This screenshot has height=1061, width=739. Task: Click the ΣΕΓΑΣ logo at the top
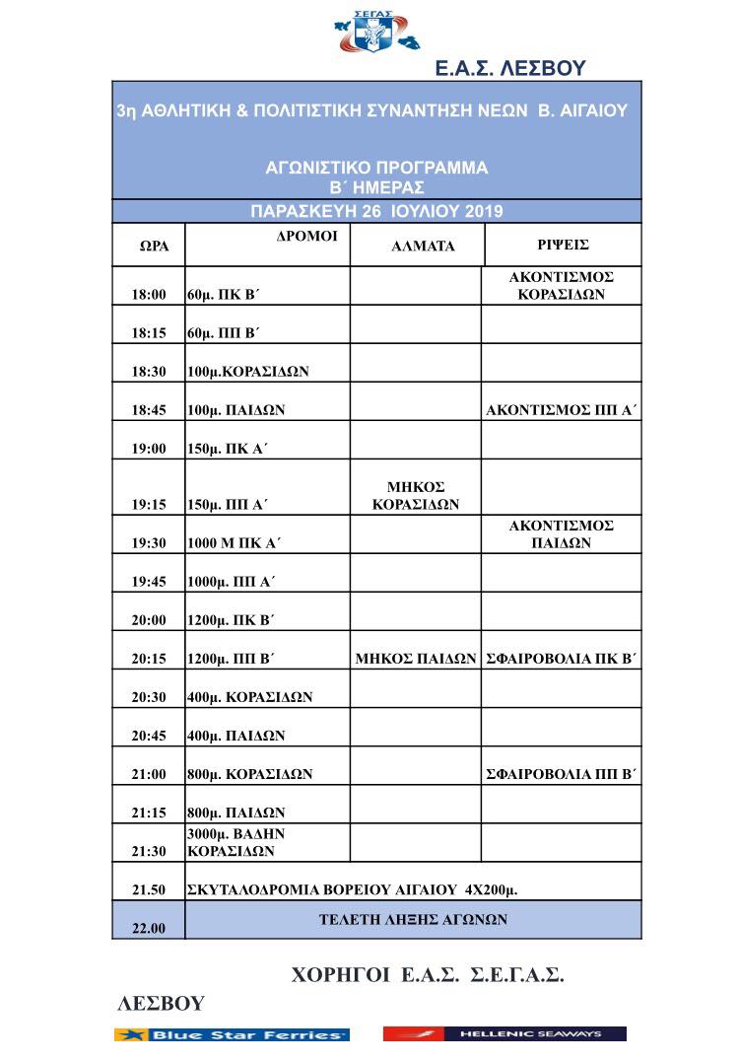coord(377,33)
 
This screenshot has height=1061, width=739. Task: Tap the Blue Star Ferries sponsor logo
coord(232,1034)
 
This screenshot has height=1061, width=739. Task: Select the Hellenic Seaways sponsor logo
coord(504,1034)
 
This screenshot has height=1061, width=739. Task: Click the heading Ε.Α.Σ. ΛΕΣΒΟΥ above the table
coord(510,68)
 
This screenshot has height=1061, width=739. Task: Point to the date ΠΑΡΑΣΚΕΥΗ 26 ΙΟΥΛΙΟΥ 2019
coord(376,211)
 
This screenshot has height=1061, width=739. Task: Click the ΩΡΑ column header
coord(153,246)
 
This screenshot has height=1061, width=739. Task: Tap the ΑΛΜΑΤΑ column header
coord(423,247)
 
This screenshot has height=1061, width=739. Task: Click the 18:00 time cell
coord(149,294)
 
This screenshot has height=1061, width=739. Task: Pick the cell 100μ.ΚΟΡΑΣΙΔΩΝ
coord(248,372)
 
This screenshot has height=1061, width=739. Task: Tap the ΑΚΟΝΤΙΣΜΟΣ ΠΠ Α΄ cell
coord(563,409)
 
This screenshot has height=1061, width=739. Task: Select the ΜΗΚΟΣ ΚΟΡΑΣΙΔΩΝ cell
coord(416,495)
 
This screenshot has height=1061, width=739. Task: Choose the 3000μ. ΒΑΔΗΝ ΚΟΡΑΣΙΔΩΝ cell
coord(236,842)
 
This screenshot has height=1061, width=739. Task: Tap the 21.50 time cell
coord(149,890)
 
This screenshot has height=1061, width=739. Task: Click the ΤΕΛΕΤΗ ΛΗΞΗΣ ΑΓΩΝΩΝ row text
coord(413,919)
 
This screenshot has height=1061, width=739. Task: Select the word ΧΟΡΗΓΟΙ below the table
coord(341,975)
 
